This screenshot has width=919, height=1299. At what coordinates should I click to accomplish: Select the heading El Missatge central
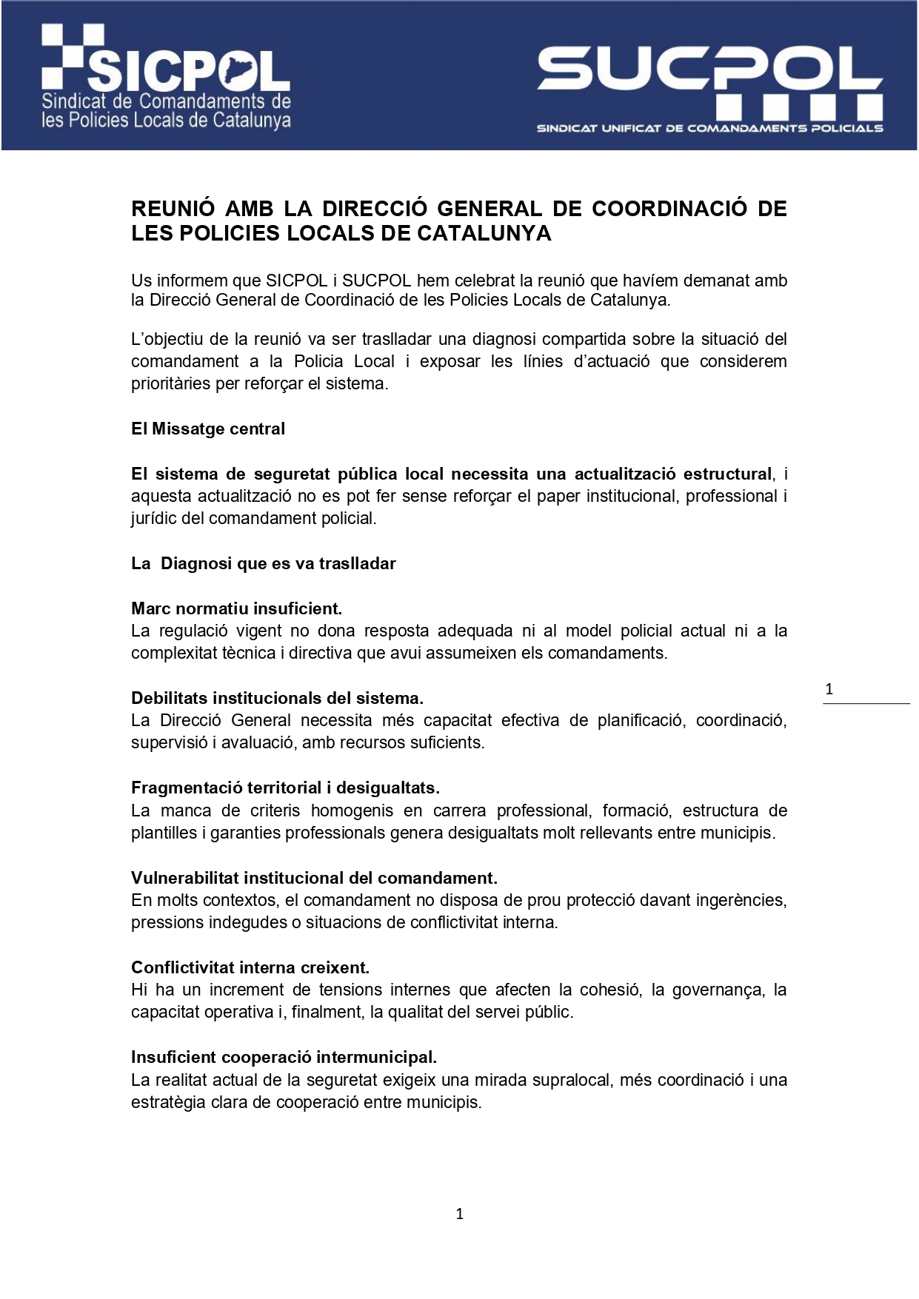(208, 429)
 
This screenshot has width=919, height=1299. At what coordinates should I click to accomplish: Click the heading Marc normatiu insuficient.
(236, 609)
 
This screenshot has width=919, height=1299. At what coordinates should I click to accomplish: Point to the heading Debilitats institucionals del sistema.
(277, 699)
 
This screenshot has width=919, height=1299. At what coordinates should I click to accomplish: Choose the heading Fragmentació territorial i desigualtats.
(285, 788)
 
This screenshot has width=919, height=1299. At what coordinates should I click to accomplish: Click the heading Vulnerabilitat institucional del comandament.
(314, 879)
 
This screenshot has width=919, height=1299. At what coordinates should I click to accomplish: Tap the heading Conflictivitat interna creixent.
(250, 968)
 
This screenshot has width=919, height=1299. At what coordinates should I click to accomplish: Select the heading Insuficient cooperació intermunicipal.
(284, 1058)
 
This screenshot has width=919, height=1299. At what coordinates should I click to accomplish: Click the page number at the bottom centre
(460, 1214)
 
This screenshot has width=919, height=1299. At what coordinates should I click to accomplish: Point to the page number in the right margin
(829, 689)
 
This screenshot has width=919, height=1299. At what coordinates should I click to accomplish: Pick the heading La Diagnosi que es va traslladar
(264, 564)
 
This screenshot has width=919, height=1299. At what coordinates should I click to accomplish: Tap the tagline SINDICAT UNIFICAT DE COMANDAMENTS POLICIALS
(709, 129)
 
